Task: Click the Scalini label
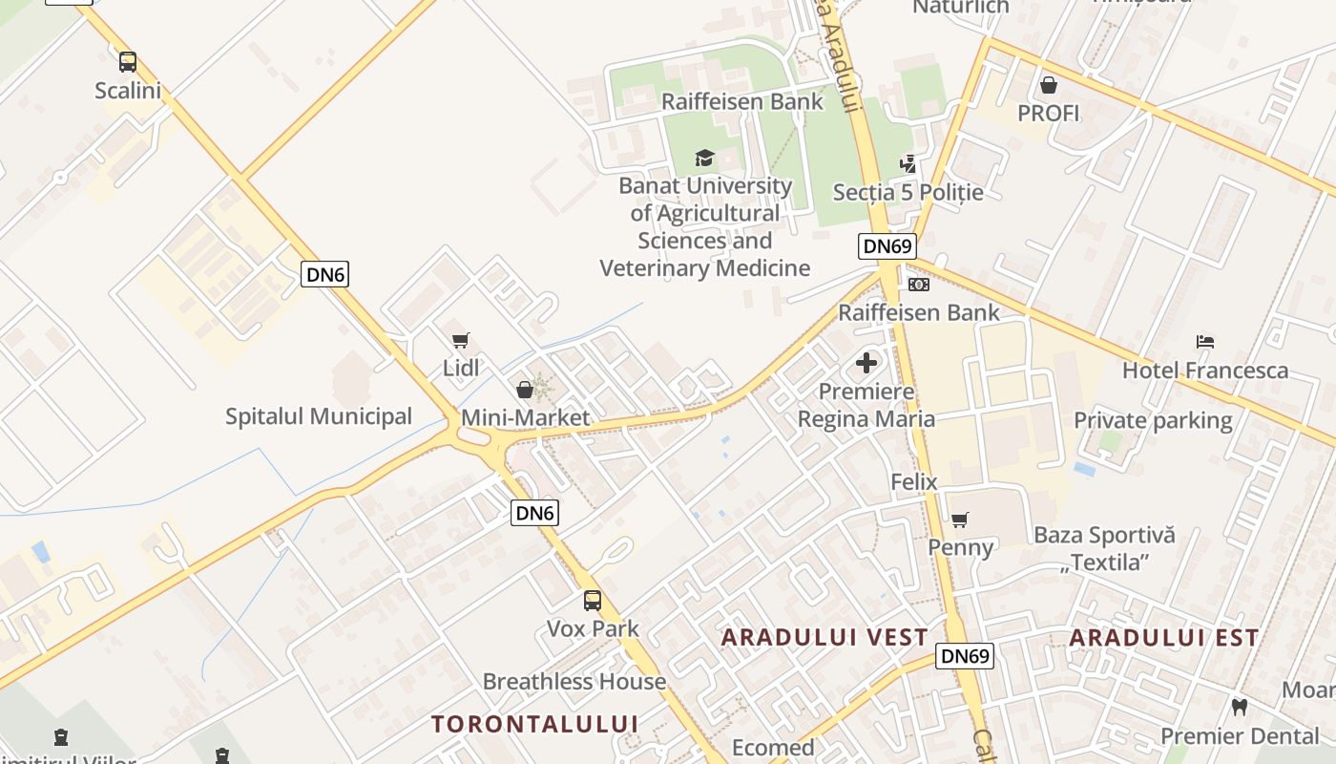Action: (128, 91)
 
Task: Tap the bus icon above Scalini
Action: (128, 62)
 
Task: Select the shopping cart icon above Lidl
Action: (461, 340)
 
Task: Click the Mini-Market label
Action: (525, 417)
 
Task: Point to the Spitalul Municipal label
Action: (319, 416)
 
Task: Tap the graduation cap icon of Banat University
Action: (704, 158)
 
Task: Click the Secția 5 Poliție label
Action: (908, 192)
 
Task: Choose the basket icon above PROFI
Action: (1049, 85)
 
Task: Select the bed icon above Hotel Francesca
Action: (1205, 342)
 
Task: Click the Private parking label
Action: (1153, 420)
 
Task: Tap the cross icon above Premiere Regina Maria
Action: (866, 363)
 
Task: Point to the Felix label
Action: (914, 481)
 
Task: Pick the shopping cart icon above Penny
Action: (960, 520)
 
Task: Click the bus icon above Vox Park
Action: (593, 601)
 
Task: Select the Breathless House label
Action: (574, 681)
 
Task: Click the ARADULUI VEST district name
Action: (825, 637)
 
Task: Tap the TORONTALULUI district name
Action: (534, 723)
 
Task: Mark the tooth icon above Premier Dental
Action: (1240, 708)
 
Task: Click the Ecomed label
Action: (773, 747)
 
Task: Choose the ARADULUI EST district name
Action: (1164, 637)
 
